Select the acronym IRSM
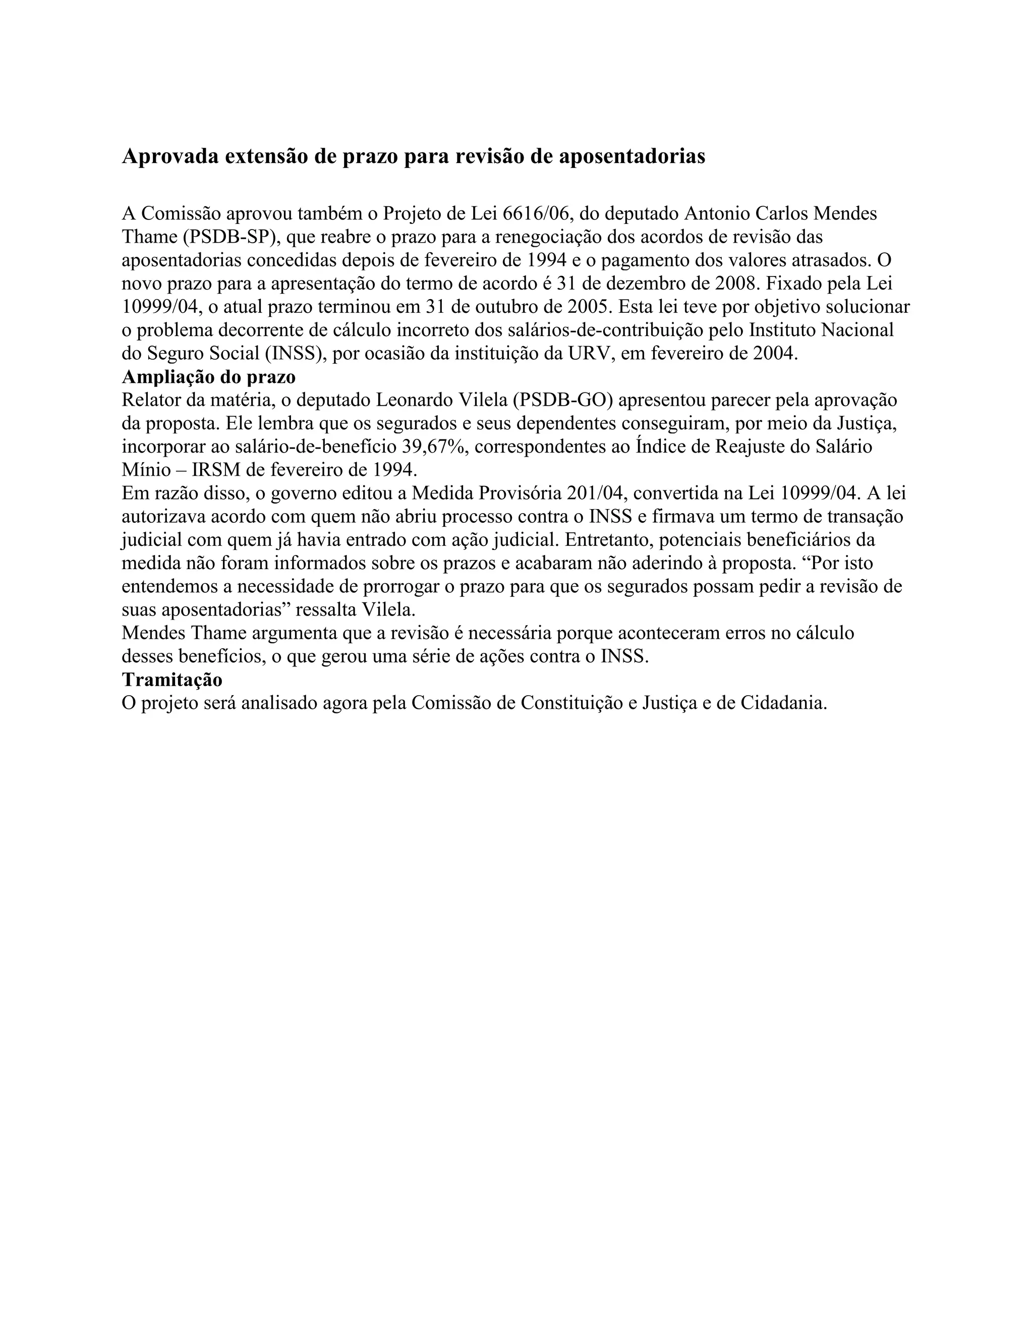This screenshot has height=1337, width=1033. [216, 470]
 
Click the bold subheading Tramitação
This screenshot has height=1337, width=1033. [172, 680]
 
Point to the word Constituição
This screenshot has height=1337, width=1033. [570, 703]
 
